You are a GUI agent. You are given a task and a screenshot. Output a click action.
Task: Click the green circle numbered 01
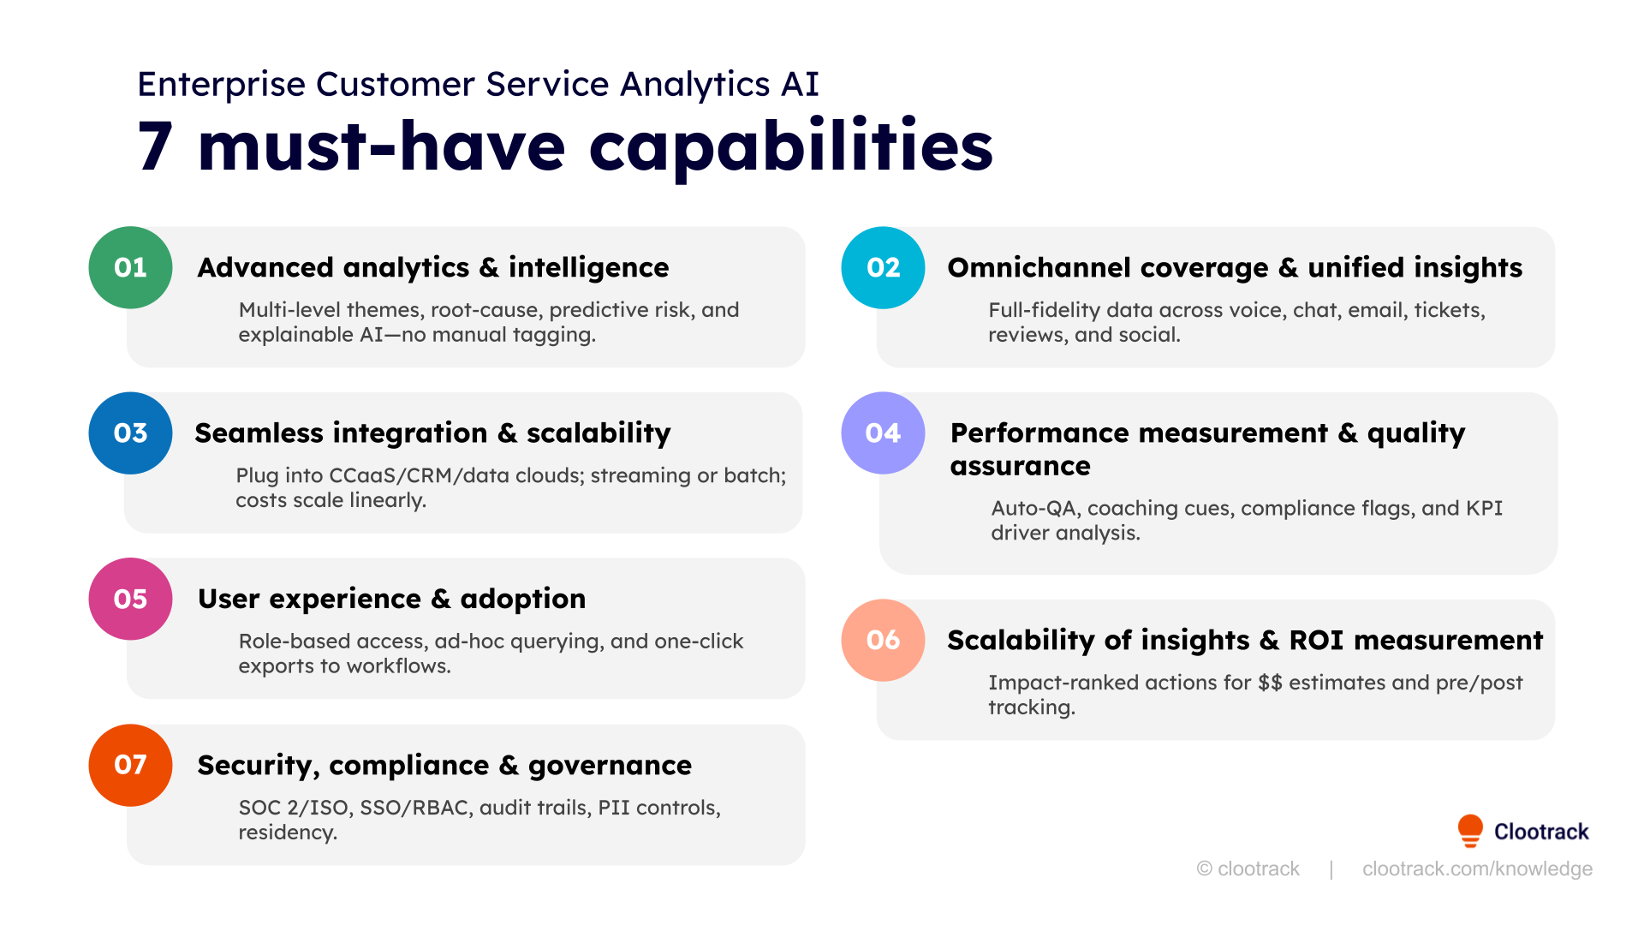pyautogui.click(x=130, y=267)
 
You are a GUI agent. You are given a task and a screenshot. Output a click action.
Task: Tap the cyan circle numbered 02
pyautogui.click(x=883, y=267)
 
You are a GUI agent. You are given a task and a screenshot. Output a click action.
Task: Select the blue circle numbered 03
pyautogui.click(x=130, y=433)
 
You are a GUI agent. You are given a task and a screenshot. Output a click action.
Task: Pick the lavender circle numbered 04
pyautogui.click(x=883, y=433)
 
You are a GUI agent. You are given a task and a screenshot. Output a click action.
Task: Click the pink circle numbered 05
pyautogui.click(x=130, y=599)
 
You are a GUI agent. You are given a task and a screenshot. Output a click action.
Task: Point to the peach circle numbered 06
pyautogui.click(x=883, y=640)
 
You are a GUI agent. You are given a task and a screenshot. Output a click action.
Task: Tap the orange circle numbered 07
pyautogui.click(x=130, y=765)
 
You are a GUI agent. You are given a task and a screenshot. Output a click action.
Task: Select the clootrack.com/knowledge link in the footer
pyautogui.click(x=1477, y=868)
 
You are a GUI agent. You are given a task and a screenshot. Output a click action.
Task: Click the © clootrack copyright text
pyautogui.click(x=1248, y=868)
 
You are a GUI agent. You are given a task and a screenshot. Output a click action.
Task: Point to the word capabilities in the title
pyautogui.click(x=790, y=147)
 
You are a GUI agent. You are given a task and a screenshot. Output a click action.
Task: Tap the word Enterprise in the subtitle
pyautogui.click(x=221, y=84)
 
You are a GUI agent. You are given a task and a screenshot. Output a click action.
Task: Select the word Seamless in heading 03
pyautogui.click(x=247, y=433)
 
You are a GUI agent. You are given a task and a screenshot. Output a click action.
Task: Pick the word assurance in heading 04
pyautogui.click(x=1020, y=466)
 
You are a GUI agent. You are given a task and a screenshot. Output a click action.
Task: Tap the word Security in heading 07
pyautogui.click(x=258, y=765)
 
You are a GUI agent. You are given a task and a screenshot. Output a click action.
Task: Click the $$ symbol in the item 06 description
pyautogui.click(x=1270, y=683)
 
